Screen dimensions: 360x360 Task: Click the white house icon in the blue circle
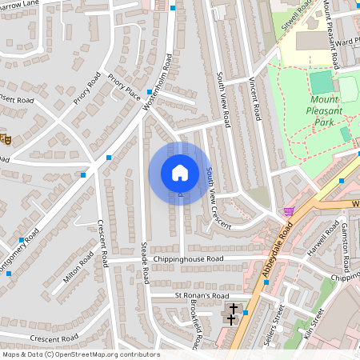tap(179, 173)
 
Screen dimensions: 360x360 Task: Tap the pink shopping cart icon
tap(288, 211)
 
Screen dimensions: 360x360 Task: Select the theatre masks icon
tap(4, 139)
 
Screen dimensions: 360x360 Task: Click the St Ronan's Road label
tap(207, 296)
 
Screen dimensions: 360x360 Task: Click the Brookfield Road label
tap(194, 328)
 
